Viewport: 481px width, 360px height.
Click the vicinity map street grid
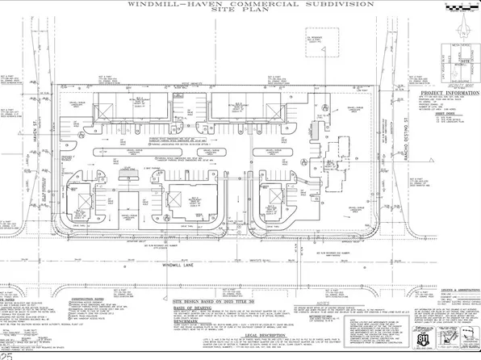tap(456, 61)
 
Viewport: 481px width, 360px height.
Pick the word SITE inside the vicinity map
tap(462, 60)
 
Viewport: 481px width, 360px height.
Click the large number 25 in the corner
tap(7, 354)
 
